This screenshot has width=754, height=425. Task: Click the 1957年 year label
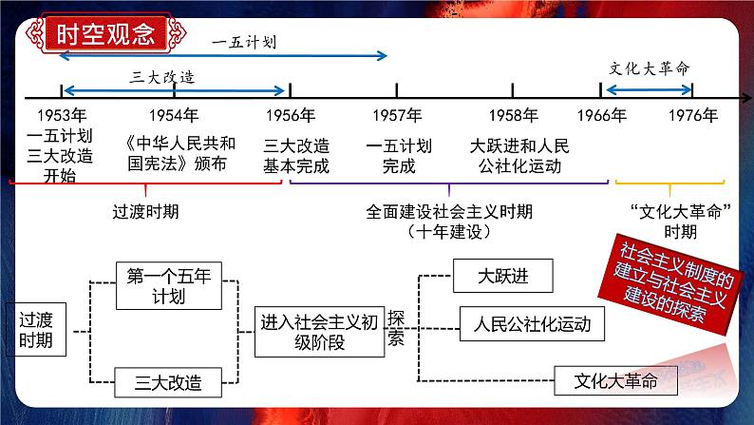397,116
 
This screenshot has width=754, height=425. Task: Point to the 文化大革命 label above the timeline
649,69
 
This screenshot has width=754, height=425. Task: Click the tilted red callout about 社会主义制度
673,282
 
